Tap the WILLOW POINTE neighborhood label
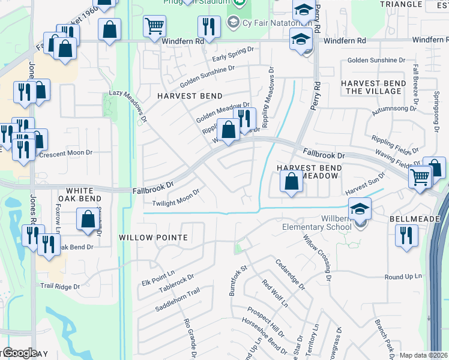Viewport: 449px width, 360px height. point(153,238)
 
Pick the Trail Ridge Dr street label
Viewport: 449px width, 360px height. point(59,287)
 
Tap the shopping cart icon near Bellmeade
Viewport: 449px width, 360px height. point(420,177)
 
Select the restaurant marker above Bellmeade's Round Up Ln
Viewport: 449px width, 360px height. point(406,235)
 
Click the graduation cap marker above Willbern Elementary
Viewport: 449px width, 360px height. point(360,209)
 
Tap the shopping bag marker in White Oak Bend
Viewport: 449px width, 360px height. point(88,219)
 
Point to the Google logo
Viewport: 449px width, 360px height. point(20,353)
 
